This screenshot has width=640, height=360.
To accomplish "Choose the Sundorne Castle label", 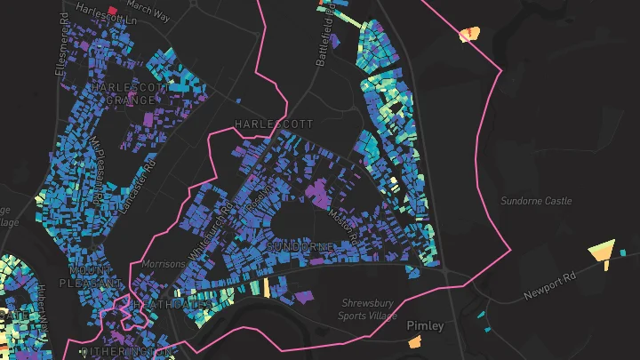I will [536, 202].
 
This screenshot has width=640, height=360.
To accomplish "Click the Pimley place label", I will [425, 325].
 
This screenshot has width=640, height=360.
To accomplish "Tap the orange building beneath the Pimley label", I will [414, 342].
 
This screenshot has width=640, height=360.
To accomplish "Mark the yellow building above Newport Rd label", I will [603, 248].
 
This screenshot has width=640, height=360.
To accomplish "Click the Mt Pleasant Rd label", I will [98, 169].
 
